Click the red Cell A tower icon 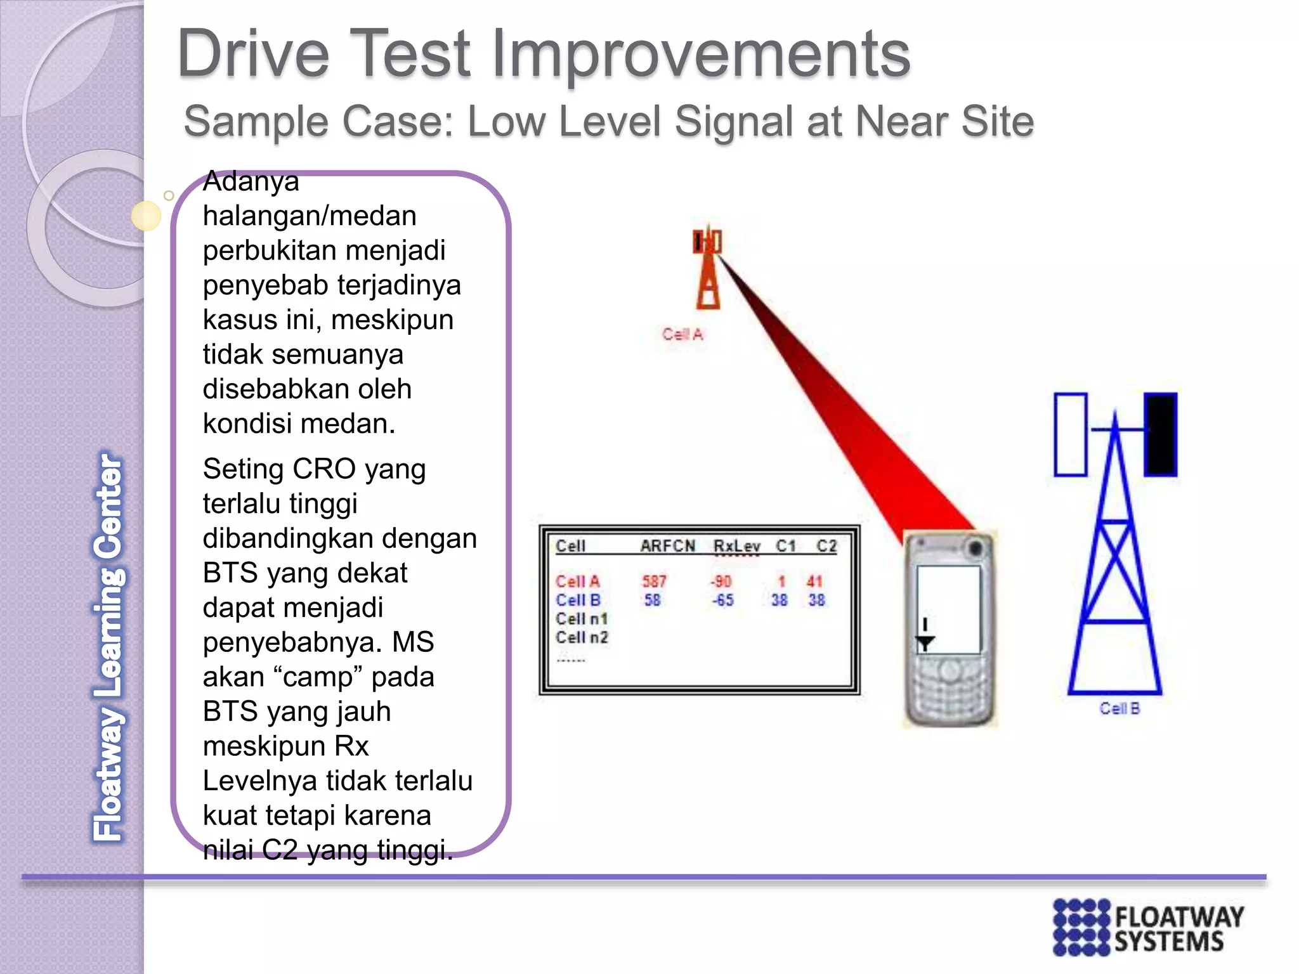coord(708,269)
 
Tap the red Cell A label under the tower coord(682,334)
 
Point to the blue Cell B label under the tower coord(1119,708)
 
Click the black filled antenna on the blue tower coord(1160,434)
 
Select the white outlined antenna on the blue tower coord(1071,434)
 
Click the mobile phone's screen coord(948,609)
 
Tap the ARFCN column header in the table coord(667,546)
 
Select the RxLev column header coord(736,546)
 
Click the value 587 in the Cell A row coord(654,581)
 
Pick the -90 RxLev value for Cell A coord(721,581)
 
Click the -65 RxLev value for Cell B coord(722,600)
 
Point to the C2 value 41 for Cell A coord(814,581)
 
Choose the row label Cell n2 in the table coord(582,637)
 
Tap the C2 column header coord(826,546)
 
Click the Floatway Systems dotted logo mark coord(1082,927)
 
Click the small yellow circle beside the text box coord(147,216)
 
